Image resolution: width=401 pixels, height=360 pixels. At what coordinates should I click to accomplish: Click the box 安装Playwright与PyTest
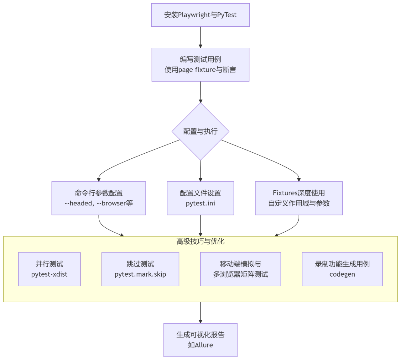(x=200, y=15)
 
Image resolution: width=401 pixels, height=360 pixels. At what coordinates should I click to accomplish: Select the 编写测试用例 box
(x=200, y=65)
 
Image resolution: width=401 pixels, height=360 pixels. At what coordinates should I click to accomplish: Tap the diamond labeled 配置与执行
(x=200, y=131)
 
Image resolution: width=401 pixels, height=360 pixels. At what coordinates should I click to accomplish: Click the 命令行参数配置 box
(x=99, y=198)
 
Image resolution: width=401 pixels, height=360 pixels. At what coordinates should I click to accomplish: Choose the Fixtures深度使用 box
(x=299, y=198)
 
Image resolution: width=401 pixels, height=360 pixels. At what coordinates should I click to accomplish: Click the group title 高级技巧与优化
(x=200, y=241)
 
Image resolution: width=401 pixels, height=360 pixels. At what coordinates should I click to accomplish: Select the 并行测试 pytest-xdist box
(x=49, y=269)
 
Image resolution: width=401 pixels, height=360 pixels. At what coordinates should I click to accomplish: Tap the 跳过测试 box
(x=140, y=269)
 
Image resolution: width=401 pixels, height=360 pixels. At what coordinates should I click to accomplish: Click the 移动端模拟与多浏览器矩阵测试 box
(x=241, y=269)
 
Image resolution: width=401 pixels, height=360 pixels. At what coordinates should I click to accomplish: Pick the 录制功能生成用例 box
(x=342, y=269)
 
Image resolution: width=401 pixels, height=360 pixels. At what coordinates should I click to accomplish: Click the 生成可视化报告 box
(x=200, y=340)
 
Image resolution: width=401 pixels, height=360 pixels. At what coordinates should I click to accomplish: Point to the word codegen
(x=342, y=274)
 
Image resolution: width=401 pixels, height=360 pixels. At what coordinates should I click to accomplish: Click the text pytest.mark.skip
(x=140, y=274)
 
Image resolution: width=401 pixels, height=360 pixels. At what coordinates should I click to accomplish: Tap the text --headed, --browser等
(x=99, y=203)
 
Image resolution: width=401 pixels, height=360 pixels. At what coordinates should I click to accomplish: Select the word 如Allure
(x=200, y=345)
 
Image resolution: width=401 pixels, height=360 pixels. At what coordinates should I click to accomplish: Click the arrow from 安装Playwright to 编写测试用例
(x=200, y=37)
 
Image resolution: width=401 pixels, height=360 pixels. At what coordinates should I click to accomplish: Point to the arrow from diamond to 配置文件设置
(x=200, y=171)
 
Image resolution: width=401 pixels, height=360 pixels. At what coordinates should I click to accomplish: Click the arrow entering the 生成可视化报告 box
(x=200, y=313)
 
